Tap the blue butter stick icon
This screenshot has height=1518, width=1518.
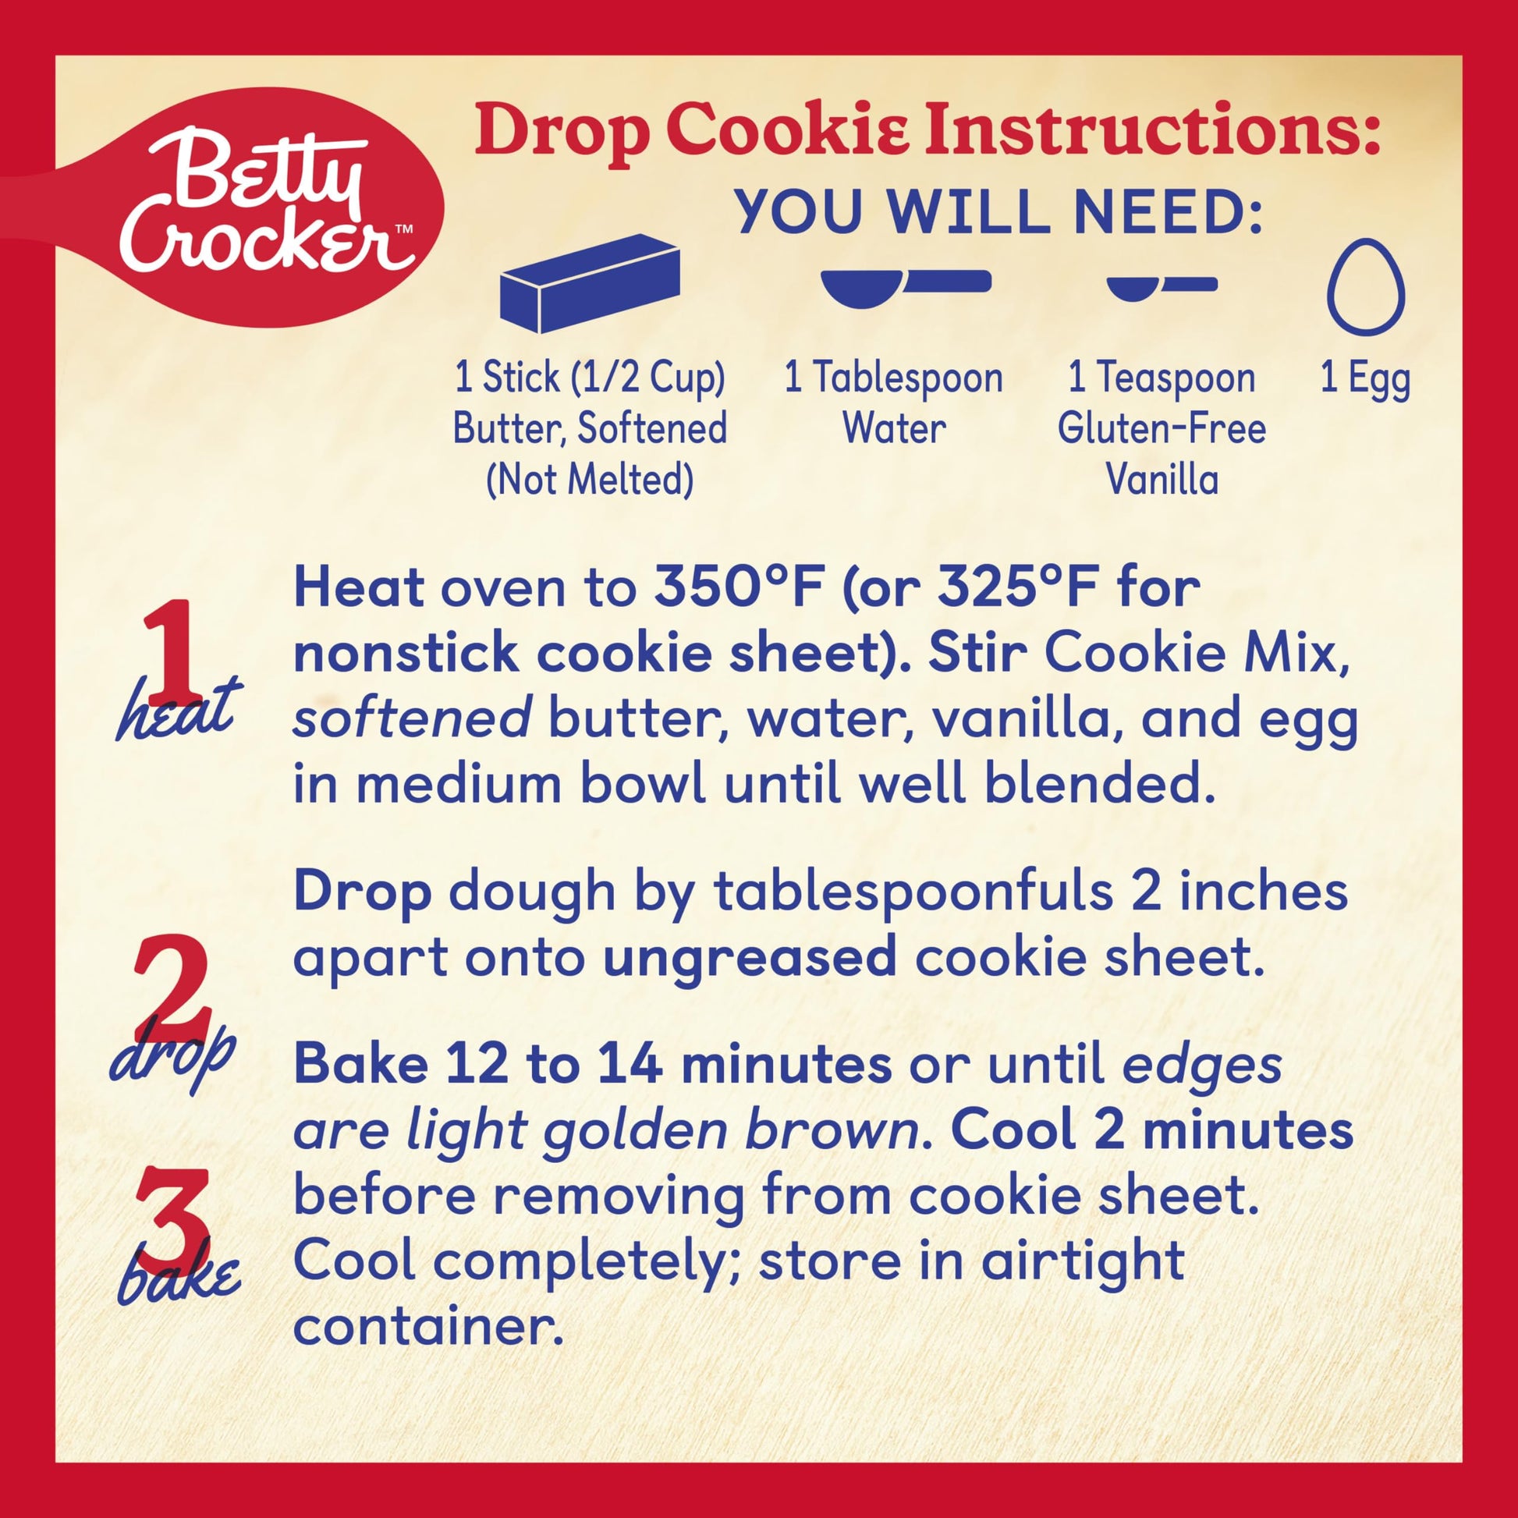pos(589,283)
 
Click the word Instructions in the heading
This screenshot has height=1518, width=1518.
pos(1152,132)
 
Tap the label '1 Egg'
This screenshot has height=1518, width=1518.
pos(1366,378)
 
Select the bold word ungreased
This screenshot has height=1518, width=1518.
pos(750,958)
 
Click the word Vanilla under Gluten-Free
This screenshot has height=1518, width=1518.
pos(1162,479)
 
